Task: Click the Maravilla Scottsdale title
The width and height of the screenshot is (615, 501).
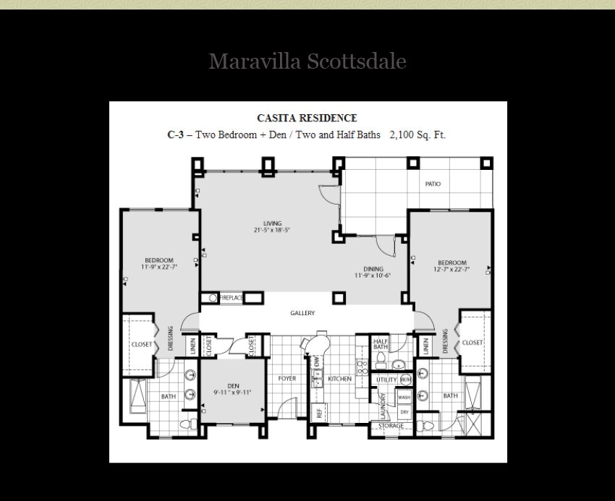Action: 307,61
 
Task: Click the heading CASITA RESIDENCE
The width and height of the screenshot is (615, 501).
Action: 307,118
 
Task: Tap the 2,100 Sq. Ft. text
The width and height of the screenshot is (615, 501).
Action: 417,134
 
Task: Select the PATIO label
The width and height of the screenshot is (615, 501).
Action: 433,184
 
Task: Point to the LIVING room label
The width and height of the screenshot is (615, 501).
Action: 272,223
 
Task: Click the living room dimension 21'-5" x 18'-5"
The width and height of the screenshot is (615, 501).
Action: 272,231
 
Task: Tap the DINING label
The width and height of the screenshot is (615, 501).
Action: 373,269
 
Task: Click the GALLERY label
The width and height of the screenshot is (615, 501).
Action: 302,313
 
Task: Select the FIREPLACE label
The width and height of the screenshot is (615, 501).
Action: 231,298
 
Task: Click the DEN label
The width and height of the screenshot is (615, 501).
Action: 232,386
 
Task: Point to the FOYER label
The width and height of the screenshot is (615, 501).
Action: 287,379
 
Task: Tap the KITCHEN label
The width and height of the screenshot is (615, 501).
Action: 339,379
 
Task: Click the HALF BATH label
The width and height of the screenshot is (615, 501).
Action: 381,344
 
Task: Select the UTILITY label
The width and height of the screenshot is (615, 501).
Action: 386,380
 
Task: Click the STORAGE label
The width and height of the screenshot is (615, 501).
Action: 391,426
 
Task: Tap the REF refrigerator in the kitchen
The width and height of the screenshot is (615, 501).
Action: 318,413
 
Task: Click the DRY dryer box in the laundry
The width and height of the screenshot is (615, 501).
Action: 404,411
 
